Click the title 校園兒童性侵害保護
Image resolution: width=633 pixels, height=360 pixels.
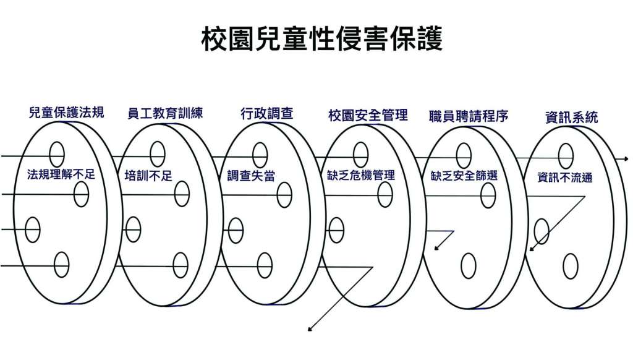[x=321, y=39]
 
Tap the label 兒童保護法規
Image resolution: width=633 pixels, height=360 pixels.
[x=67, y=112]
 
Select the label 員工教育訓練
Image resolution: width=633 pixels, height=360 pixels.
[x=165, y=113]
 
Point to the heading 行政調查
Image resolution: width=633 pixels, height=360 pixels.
[x=266, y=114]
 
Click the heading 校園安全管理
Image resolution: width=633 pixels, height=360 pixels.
[x=368, y=116]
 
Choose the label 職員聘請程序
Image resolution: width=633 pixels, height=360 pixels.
[x=469, y=116]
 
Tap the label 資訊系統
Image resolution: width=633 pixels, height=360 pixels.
[x=571, y=118]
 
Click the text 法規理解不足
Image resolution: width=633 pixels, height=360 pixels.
[x=61, y=174]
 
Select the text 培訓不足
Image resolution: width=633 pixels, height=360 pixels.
[x=148, y=176]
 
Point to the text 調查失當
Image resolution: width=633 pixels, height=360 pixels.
[x=251, y=176]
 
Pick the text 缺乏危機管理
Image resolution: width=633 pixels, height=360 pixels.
[x=361, y=175]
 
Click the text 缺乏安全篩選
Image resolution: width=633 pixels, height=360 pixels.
[x=464, y=176]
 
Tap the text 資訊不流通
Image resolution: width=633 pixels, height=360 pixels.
[x=565, y=178]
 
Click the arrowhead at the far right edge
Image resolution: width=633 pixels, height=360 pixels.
[x=626, y=159]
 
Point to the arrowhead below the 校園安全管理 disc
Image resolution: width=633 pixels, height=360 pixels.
[x=310, y=329]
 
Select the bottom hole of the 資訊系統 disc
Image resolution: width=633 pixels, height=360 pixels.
[x=571, y=266]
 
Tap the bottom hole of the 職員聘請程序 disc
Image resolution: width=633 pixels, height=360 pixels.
[x=469, y=266]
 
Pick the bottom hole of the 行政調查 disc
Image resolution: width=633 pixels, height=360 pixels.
[x=265, y=265]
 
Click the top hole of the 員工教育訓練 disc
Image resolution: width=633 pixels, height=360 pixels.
[x=157, y=154]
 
